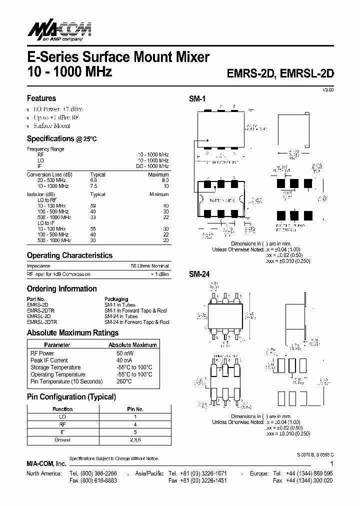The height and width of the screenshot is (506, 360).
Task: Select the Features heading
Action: pos(41,98)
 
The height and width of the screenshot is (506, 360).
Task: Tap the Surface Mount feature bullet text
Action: pos(51,126)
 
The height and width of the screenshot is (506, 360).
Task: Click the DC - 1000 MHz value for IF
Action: pos(152,166)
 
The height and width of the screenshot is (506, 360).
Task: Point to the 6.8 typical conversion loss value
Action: pos(93,180)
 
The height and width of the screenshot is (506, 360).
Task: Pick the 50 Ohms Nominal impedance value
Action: pos(149,266)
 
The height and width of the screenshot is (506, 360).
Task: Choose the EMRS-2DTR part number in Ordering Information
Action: pos(41,310)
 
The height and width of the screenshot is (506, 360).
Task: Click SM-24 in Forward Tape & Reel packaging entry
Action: pos(136,322)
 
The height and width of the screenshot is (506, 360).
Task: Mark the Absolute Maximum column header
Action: pos(132,344)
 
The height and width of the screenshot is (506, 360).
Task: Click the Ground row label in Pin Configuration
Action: pos(62,440)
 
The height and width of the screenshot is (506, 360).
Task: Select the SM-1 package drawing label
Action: pos(197,99)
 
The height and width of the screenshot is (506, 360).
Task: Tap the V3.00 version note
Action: pos(327,89)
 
